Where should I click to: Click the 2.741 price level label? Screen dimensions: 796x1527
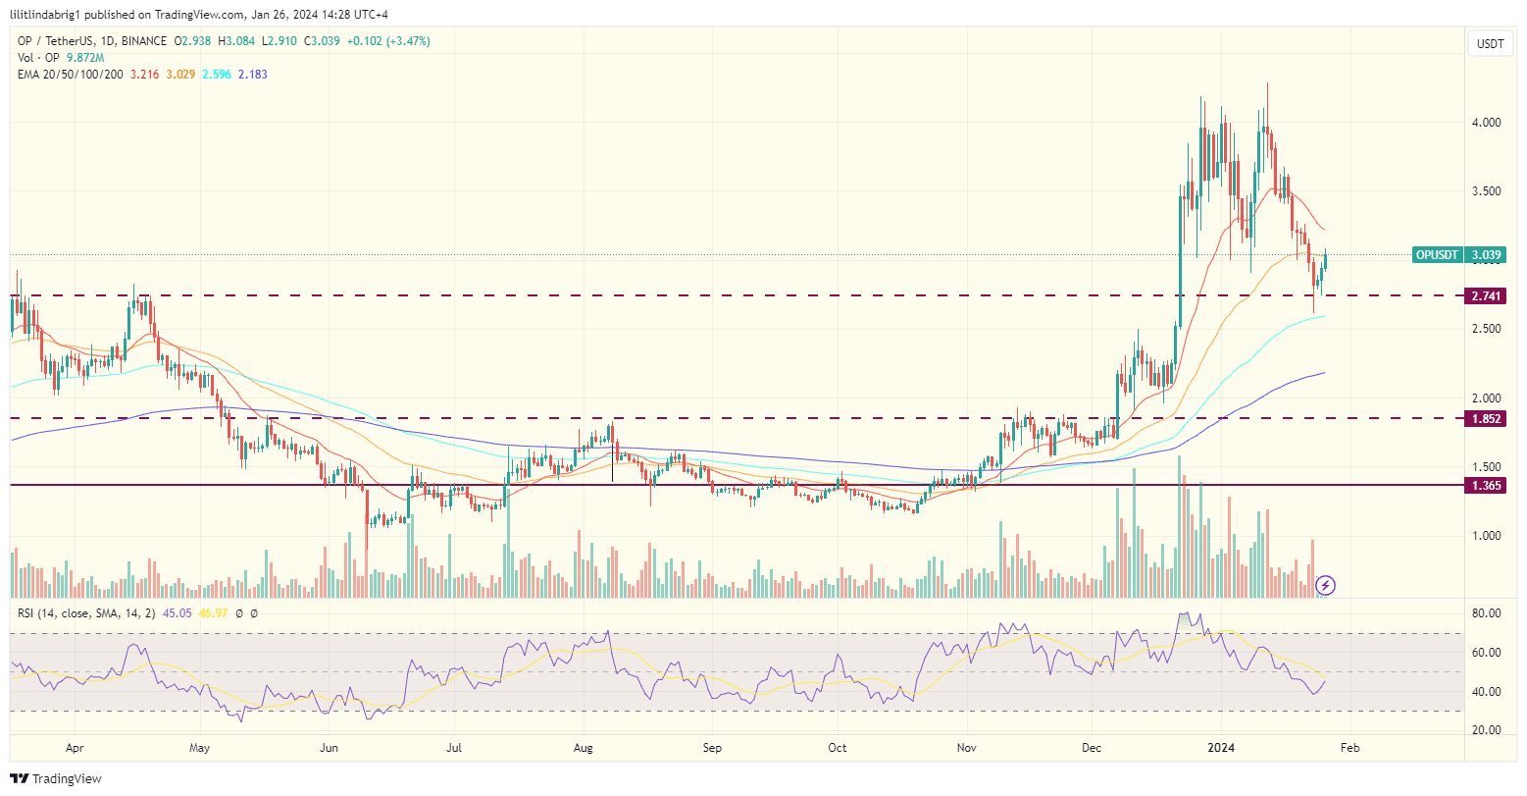[1487, 295]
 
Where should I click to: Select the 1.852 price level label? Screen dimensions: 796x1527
[1487, 418]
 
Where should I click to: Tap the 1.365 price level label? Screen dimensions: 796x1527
[1487, 485]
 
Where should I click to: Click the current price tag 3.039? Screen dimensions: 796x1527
[1487, 255]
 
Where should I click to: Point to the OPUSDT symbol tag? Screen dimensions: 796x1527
[1438, 255]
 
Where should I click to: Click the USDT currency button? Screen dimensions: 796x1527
[1491, 44]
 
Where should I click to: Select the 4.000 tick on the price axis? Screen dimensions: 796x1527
[1488, 123]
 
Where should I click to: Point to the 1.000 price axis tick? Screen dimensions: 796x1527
[1488, 536]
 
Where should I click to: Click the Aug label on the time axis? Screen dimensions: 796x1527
[583, 747]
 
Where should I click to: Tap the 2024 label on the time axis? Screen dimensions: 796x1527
[1221, 747]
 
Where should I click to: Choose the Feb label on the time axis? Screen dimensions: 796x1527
[1349, 747]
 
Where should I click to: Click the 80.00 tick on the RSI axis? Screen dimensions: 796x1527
[1489, 613]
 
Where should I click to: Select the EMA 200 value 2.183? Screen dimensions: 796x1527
[252, 74]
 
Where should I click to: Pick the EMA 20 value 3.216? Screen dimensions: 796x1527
[145, 74]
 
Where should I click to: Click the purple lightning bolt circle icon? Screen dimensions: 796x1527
[1325, 586]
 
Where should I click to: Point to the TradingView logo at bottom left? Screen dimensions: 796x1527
[57, 778]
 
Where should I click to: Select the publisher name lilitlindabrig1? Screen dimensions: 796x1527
[49, 14]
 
